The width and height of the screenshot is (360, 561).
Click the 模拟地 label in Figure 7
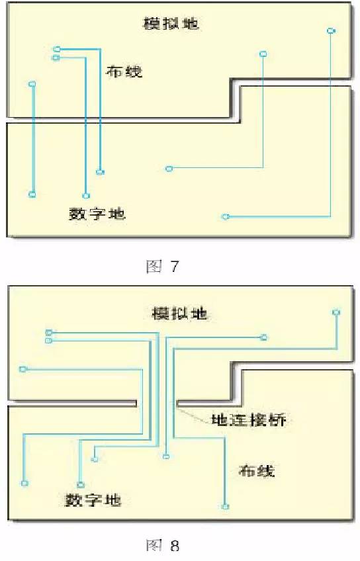coord(171,24)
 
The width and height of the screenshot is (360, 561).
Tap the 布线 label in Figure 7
coord(124,72)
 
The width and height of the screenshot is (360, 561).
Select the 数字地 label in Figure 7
coord(97,214)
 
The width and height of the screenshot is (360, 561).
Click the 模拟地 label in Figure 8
coord(179,314)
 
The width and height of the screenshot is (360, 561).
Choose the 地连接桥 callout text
coord(249,419)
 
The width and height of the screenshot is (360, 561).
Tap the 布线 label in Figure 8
coord(257,471)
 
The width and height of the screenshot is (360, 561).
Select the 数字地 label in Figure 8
coord(93,499)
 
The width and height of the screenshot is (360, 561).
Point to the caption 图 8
coord(163,546)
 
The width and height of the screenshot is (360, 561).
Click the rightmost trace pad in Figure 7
coord(331,31)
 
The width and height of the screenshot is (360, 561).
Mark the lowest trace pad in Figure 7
coord(225,216)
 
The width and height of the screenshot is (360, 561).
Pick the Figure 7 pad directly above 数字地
coord(86,196)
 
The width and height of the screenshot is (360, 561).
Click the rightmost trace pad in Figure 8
coord(336,312)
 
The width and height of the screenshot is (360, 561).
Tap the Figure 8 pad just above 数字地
coord(81,485)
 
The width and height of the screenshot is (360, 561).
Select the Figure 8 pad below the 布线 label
coord(225,507)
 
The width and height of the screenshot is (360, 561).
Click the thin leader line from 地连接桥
coord(193,413)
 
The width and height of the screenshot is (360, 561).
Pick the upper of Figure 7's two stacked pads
coord(56,49)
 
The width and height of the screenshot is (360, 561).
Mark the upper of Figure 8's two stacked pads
coord(49,332)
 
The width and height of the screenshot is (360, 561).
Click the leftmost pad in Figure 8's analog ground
coord(23,369)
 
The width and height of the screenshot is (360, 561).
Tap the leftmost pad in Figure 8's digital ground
coord(24,484)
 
